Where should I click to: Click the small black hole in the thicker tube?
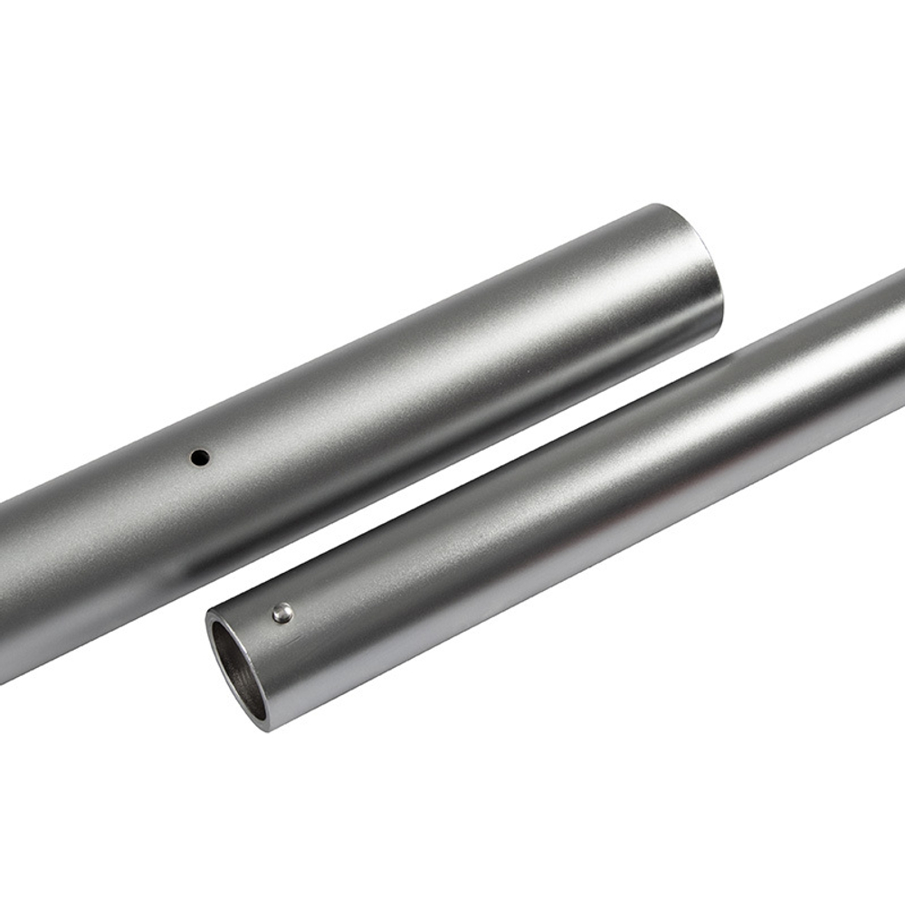(200, 458)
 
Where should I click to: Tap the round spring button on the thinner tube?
(283, 614)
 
